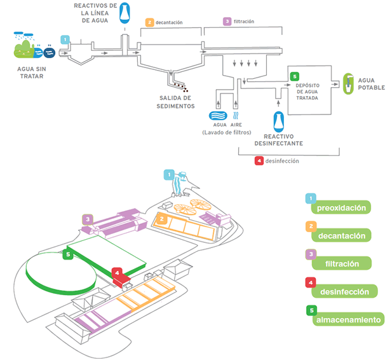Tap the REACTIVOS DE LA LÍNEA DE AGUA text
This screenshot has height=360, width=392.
95,13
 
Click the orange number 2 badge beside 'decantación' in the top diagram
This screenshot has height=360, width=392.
149,22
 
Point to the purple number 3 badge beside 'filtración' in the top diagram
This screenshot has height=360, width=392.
227,22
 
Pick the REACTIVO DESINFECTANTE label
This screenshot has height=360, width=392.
283,139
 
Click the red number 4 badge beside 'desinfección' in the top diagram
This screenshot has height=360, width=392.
259,161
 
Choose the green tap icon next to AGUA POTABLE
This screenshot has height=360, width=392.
348,83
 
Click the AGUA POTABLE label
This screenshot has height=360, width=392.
371,84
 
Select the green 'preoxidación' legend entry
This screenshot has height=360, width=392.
344,208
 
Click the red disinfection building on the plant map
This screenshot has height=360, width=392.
121,277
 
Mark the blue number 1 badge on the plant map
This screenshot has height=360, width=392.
169,174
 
